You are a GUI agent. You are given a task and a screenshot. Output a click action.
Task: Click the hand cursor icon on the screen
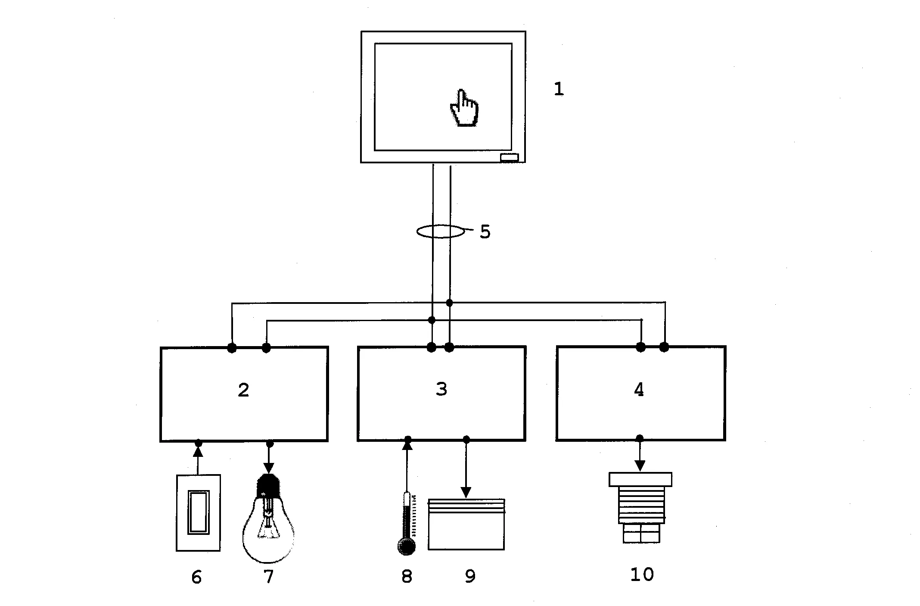(464, 109)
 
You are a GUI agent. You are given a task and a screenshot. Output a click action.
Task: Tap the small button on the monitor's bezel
(509, 157)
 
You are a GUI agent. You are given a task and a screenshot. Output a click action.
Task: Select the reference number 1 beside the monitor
(559, 89)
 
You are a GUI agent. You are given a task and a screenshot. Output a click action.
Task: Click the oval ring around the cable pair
(441, 231)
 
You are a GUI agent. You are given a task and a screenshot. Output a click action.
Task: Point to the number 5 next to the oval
(485, 232)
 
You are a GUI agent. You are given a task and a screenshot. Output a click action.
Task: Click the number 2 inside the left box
(243, 390)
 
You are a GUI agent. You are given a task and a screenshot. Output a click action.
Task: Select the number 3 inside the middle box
(441, 389)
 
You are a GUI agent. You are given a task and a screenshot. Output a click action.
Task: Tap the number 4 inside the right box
(639, 390)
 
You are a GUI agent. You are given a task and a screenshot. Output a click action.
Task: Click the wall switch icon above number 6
(198, 512)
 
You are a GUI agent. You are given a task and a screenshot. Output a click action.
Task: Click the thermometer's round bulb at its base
(406, 547)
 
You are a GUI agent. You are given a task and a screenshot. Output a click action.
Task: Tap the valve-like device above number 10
(640, 506)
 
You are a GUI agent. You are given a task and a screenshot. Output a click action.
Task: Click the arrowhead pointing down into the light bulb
(269, 468)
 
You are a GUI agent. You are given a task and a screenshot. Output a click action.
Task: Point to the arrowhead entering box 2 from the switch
(198, 451)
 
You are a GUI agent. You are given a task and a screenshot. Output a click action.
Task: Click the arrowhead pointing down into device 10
(640, 465)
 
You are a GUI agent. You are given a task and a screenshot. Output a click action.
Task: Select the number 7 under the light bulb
(268, 577)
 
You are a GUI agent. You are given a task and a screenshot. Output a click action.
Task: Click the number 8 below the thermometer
(407, 576)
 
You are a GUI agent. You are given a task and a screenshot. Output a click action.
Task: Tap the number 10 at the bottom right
(642, 575)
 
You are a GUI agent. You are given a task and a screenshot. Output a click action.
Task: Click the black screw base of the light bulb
(268, 486)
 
